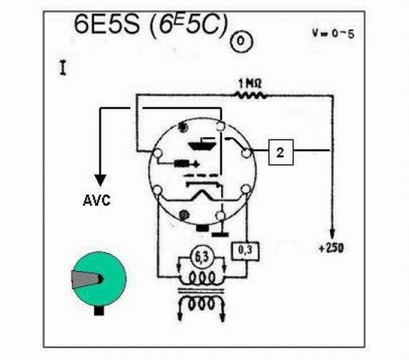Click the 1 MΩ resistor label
coord(250,84)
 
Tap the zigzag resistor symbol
coord(251,96)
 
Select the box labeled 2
coord(281,152)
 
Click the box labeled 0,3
coord(245,251)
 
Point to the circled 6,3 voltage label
coord(202,257)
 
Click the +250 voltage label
coord(331,248)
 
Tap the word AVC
coord(97,201)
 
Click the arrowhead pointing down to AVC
coord(100,180)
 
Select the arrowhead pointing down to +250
coord(332,233)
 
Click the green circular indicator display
coord(99,279)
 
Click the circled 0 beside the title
coord(241,41)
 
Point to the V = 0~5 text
coord(333,34)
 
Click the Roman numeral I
coord(63,68)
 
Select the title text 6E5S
coord(107,24)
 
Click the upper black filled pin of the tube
coord(182,127)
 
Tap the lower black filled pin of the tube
coord(184,215)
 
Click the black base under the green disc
coord(99,311)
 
